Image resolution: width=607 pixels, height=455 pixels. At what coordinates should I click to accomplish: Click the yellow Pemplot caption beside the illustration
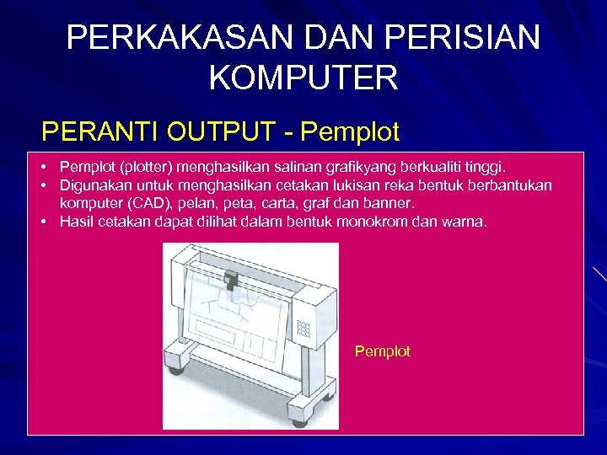pos(383,351)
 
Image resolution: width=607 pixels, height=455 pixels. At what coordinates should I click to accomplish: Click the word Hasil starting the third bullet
pos(77,222)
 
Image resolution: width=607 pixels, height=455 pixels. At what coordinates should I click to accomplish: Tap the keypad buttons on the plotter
pos(304,329)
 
